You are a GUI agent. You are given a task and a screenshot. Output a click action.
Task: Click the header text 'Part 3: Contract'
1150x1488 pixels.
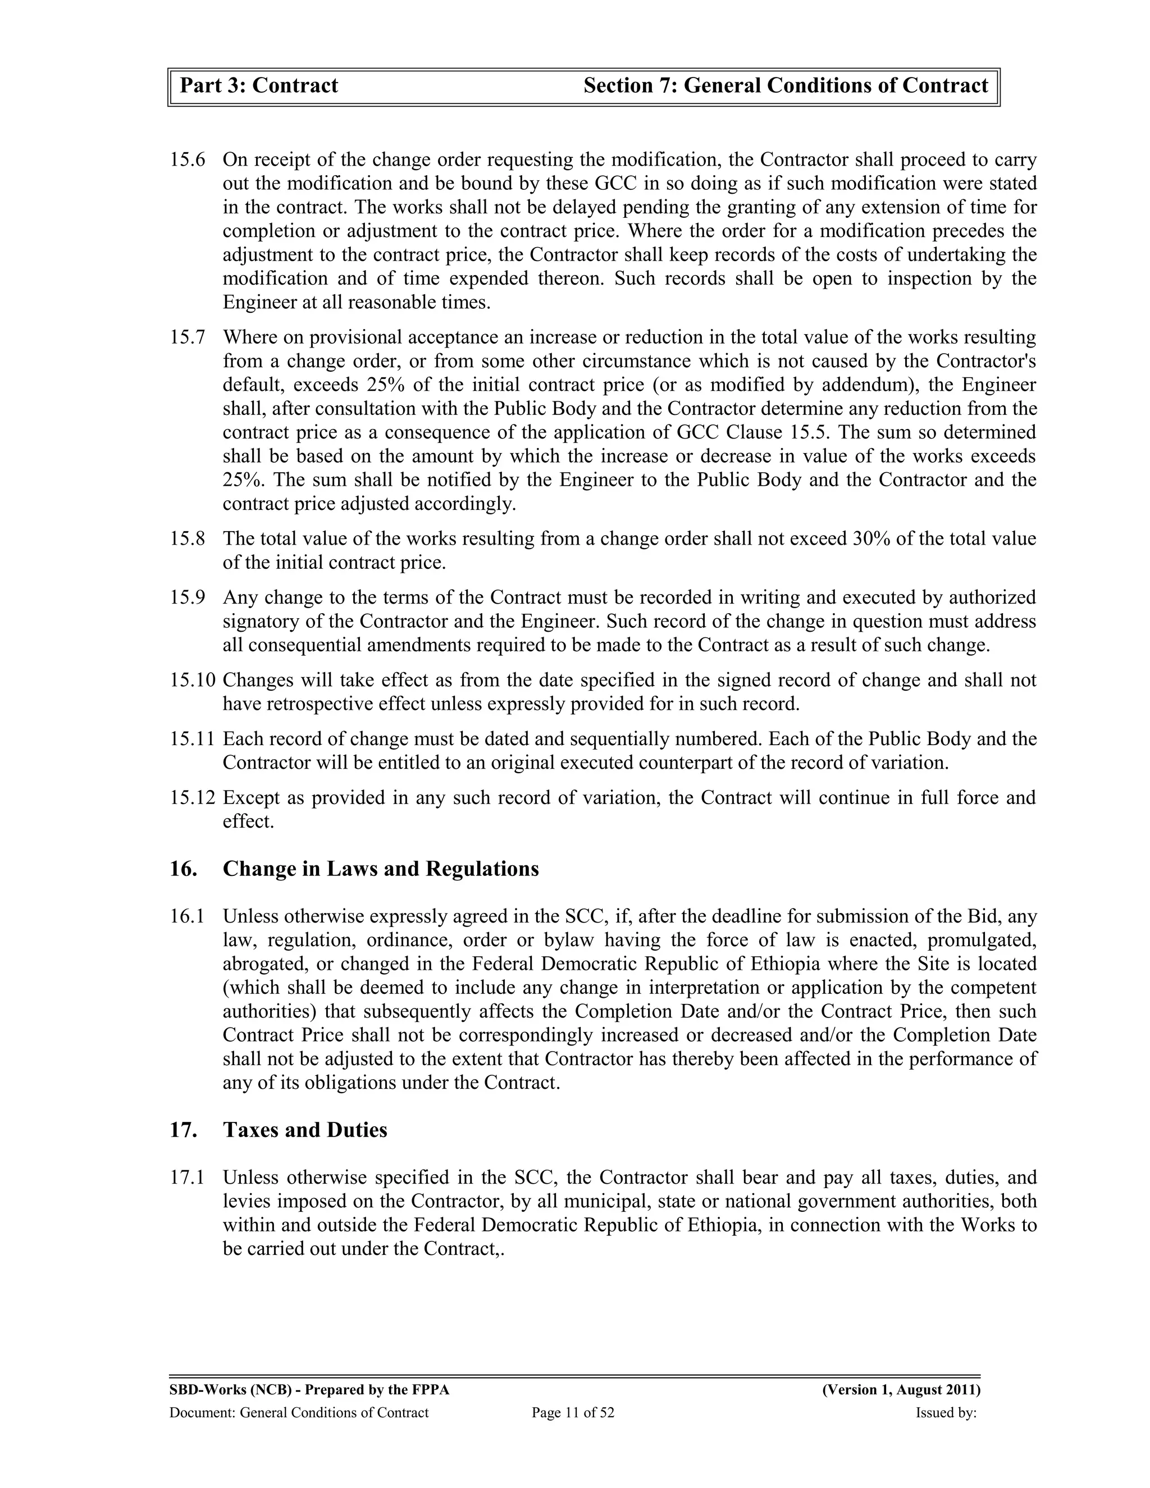click(x=259, y=86)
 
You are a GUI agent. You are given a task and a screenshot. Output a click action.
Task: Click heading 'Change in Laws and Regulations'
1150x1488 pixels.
click(x=380, y=869)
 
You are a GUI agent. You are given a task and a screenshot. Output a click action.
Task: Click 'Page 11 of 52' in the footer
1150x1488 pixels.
click(x=573, y=1413)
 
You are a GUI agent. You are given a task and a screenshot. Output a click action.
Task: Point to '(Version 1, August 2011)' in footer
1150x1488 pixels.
click(x=901, y=1390)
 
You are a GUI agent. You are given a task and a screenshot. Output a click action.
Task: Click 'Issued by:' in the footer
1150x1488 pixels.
click(x=946, y=1413)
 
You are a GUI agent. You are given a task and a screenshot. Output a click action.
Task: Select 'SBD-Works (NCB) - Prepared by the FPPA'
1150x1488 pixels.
click(x=309, y=1390)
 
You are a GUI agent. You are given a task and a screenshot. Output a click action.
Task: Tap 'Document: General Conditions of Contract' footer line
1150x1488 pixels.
click(x=299, y=1413)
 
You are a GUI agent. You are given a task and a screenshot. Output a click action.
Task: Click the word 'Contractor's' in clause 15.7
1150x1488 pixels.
click(x=987, y=361)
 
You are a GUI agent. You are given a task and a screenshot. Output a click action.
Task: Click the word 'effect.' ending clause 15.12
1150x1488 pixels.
click(x=248, y=821)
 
